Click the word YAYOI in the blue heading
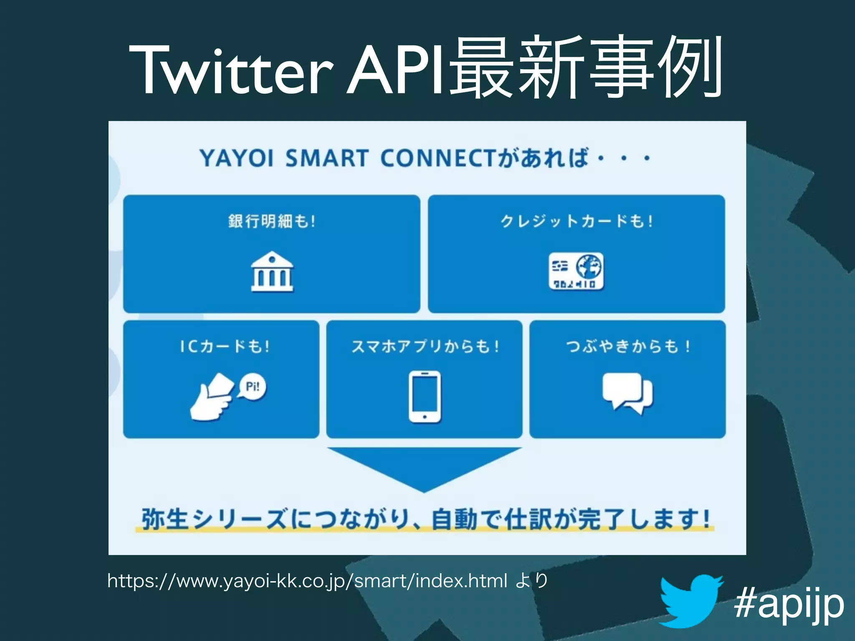[x=237, y=159]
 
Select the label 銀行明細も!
[x=272, y=221]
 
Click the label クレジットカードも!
[x=576, y=221]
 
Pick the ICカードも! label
[x=225, y=346]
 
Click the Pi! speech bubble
[x=252, y=386]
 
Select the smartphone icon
[x=425, y=396]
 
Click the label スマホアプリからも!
[x=425, y=346]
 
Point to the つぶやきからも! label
[x=627, y=346]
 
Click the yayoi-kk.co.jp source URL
[x=307, y=581]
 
